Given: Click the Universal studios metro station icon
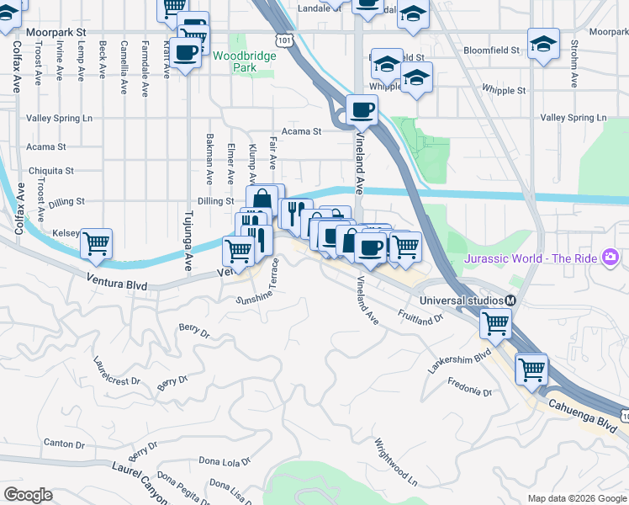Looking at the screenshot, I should (x=510, y=300).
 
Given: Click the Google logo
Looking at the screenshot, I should (x=28, y=495).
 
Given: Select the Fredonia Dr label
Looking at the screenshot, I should (x=469, y=391).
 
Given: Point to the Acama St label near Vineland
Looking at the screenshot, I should (x=302, y=131).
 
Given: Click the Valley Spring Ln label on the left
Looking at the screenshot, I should (x=59, y=119).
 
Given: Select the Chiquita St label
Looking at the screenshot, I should (x=51, y=171).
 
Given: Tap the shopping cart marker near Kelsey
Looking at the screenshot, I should (x=97, y=243).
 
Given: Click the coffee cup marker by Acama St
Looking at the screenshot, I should (x=362, y=109).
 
